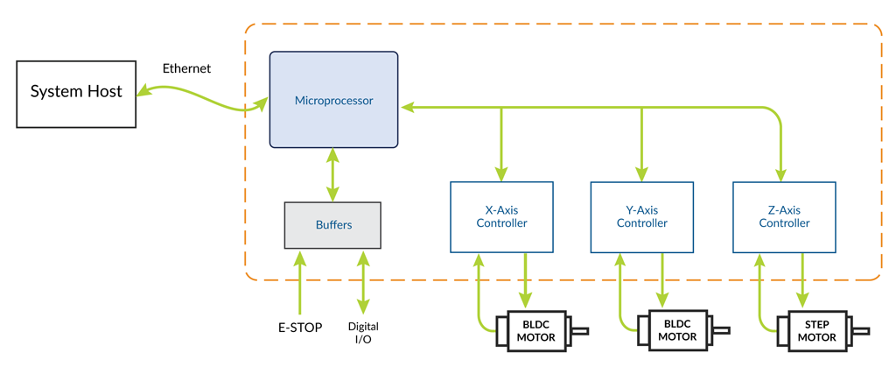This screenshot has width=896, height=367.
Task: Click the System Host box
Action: (76, 92)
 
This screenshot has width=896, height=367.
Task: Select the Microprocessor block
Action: (333, 100)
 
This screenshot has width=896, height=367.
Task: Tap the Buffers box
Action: (332, 225)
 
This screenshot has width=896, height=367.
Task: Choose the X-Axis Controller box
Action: (501, 216)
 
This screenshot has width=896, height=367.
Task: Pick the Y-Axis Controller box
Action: (641, 217)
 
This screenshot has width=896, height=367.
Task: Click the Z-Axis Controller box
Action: (783, 216)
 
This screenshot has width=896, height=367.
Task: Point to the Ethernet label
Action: (186, 68)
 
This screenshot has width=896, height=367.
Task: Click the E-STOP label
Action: (299, 328)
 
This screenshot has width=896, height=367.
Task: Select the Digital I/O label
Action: (363, 333)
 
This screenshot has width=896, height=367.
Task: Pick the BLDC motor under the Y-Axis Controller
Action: (676, 330)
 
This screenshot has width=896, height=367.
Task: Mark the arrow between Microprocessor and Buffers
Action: (332, 174)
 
